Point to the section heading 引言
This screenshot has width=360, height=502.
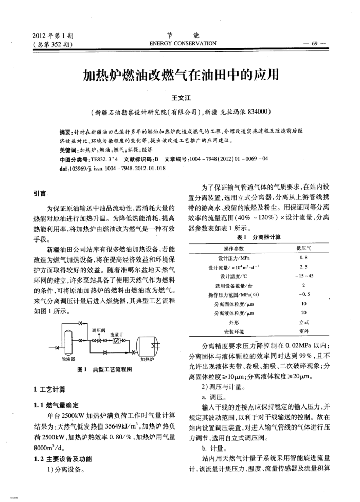(39, 194)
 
